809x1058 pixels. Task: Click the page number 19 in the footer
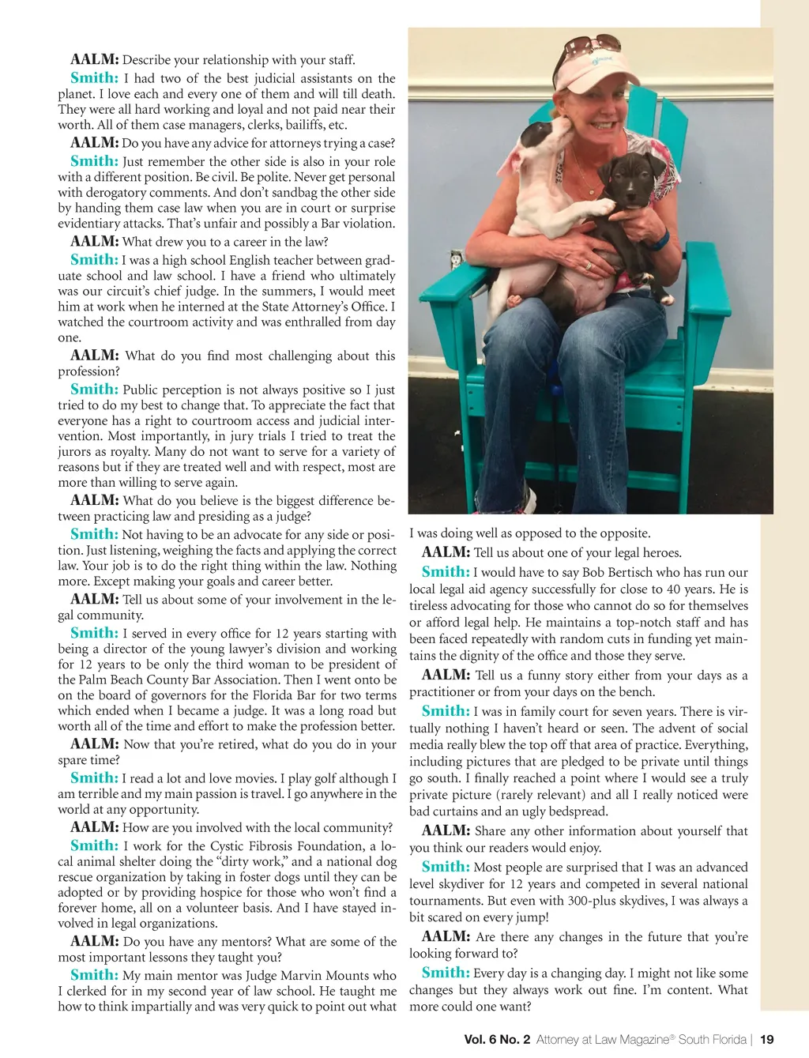point(766,1039)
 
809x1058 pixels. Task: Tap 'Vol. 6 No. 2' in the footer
point(497,1039)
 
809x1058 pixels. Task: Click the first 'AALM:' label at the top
point(95,60)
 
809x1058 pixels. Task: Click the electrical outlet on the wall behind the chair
point(456,258)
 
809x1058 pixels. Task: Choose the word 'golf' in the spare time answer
point(315,779)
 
